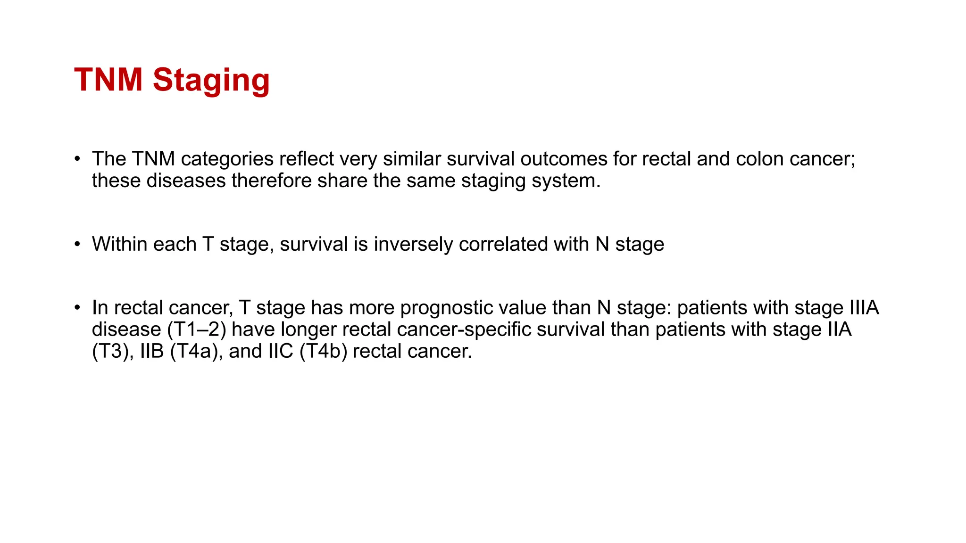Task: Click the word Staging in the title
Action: coord(211,80)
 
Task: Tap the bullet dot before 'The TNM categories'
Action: coord(77,158)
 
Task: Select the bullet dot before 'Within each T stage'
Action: coord(77,244)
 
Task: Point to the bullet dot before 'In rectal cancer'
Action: coord(77,308)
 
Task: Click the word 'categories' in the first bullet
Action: coord(227,159)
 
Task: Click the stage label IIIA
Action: coord(864,308)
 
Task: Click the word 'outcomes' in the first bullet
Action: coord(564,159)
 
